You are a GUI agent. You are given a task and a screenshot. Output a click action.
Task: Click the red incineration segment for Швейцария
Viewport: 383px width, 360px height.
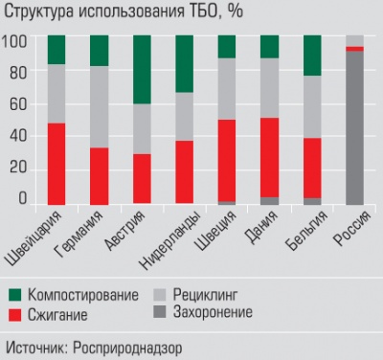coord(56,163)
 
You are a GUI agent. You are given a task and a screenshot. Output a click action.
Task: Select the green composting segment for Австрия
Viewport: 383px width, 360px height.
coord(142,69)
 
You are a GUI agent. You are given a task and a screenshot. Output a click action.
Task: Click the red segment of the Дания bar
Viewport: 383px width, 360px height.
coord(270,157)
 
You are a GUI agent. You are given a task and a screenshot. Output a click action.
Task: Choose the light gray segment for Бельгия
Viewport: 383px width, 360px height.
coord(312,106)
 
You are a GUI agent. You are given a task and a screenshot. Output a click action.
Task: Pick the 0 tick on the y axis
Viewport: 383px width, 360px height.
coord(22,198)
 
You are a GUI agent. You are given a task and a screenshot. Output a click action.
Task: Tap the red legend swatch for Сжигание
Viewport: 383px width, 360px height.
coord(14,313)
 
